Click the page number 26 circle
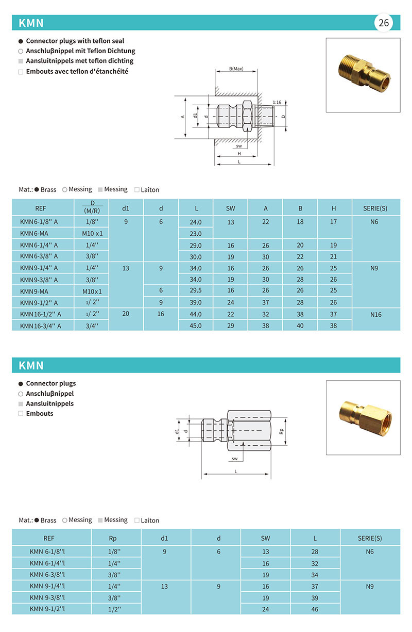point(384,23)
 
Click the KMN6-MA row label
point(31,234)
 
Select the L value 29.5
point(196,291)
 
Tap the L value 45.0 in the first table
point(196,326)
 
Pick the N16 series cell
point(376,314)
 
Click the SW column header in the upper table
point(230,208)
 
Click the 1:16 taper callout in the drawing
point(277,102)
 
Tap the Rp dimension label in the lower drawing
point(282,430)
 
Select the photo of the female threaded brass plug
point(363,417)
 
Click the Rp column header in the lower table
point(113,538)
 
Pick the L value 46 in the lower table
point(315,609)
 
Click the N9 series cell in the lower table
point(370,586)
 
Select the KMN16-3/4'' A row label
point(41,326)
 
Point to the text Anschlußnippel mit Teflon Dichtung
point(80,51)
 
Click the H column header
point(334,208)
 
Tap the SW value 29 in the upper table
point(230,326)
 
